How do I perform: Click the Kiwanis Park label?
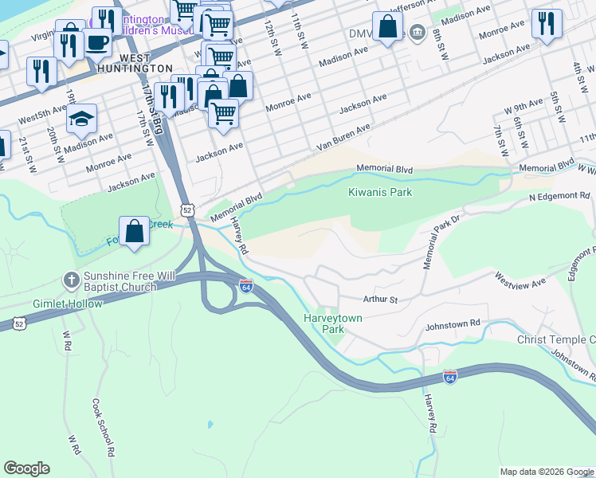[x=379, y=192]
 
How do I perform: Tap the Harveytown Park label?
[x=334, y=323]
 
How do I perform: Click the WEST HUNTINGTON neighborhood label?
[x=147, y=64]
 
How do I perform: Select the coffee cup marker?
[x=98, y=43]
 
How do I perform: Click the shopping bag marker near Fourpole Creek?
[x=135, y=232]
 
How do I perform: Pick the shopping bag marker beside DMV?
[x=387, y=27]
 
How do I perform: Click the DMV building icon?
[x=418, y=33]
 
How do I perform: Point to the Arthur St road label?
[x=380, y=300]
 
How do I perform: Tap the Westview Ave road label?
[x=520, y=280]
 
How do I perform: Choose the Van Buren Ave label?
[x=343, y=137]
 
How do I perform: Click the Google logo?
[x=26, y=468]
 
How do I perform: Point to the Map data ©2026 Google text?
[x=546, y=472]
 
